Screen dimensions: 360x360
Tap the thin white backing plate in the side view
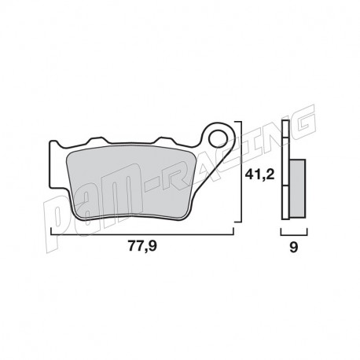click(x=285, y=173)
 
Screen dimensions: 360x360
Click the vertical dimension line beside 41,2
click(x=239, y=173)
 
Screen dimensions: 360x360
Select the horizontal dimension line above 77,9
click(x=141, y=233)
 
